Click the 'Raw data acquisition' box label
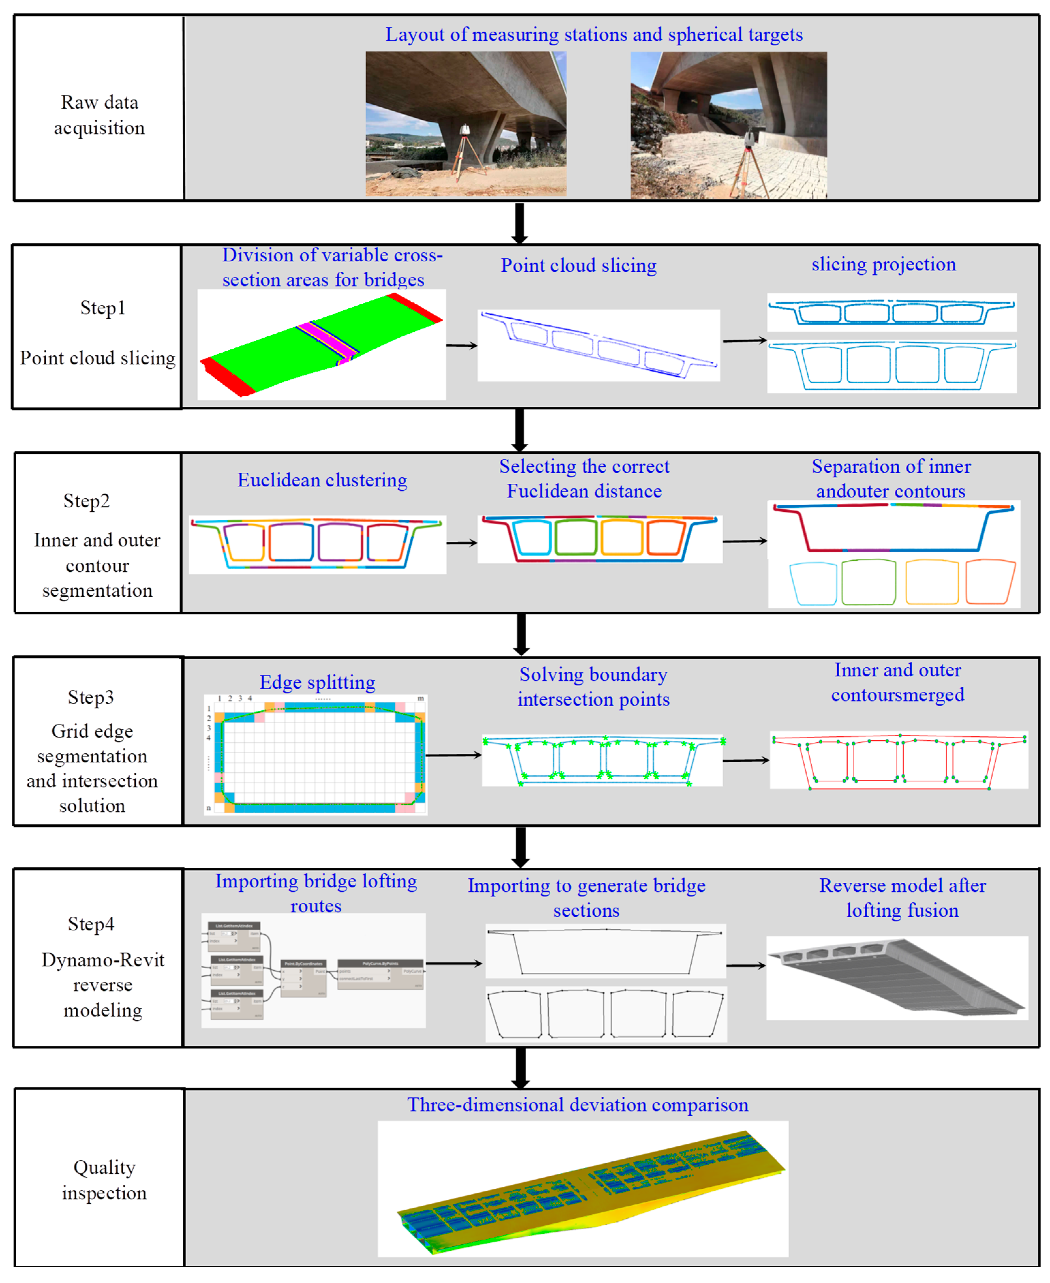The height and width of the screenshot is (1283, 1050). (x=99, y=115)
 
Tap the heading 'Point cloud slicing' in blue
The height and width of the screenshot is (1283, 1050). (x=578, y=266)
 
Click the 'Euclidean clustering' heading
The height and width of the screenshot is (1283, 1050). (x=322, y=480)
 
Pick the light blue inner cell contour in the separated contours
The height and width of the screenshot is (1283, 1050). (x=813, y=584)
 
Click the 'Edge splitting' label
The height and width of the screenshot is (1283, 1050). (x=317, y=682)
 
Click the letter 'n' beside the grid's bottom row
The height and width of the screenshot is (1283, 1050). (x=209, y=808)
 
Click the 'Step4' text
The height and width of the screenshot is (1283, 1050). (x=91, y=924)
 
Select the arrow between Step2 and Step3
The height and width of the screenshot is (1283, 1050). (x=521, y=634)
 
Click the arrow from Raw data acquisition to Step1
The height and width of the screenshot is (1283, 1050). (x=519, y=222)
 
